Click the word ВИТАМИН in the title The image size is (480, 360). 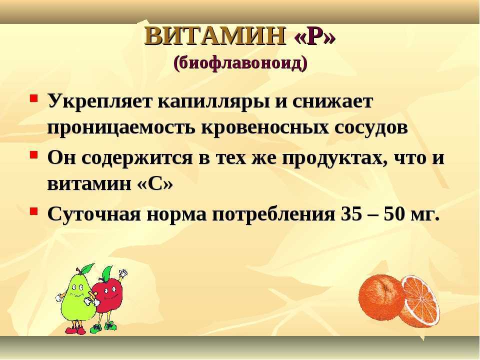[x=215, y=36]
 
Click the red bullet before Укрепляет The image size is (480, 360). [x=33, y=98]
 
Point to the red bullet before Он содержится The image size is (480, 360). [x=33, y=154]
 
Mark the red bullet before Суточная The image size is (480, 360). [x=33, y=211]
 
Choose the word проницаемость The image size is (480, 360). [x=121, y=128]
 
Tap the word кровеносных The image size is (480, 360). [x=264, y=127]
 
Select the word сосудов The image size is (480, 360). [x=371, y=128]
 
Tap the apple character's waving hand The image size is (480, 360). [x=123, y=273]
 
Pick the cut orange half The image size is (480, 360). [x=420, y=302]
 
